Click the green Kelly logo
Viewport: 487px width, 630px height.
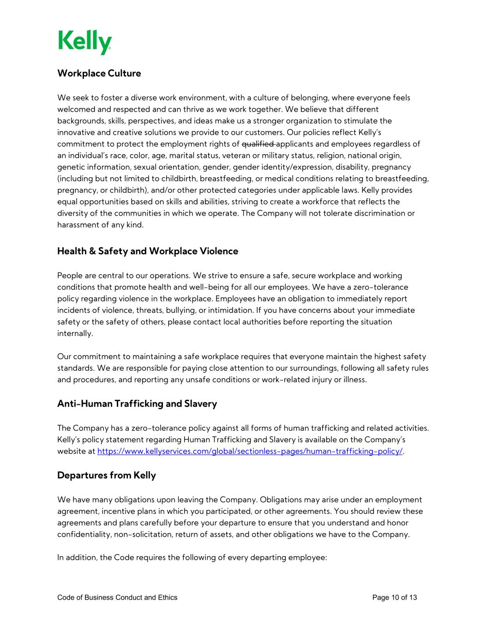[x=84, y=42]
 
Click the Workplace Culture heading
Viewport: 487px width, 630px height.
[x=99, y=73]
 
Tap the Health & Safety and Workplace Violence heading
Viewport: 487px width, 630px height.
[x=148, y=251]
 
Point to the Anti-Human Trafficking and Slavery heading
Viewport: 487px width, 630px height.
[x=137, y=404]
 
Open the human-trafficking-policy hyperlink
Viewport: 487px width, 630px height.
[x=250, y=451]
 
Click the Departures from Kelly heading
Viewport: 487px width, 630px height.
[x=107, y=475]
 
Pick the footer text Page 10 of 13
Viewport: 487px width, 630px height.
[x=394, y=598]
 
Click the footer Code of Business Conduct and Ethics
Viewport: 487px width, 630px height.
[x=117, y=598]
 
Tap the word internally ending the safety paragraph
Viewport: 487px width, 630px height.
[x=74, y=334]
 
